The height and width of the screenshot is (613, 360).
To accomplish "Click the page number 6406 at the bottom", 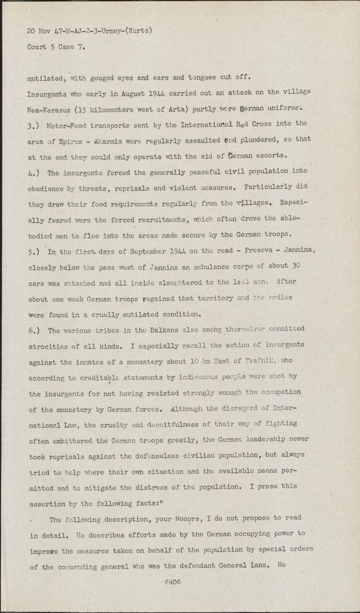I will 173,582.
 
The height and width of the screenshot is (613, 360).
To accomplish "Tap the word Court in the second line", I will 37,47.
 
